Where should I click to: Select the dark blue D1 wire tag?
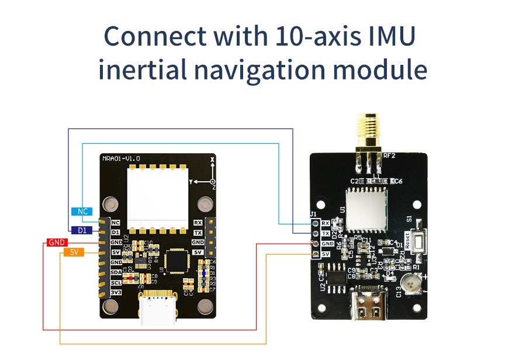point(81,230)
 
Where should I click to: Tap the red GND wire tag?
point(57,242)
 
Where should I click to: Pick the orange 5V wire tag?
point(74,252)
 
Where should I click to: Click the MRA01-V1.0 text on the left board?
point(121,158)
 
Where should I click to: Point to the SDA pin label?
point(116,272)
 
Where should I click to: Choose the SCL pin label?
point(116,282)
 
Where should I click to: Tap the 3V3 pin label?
point(116,292)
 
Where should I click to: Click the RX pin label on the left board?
point(198,223)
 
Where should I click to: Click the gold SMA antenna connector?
point(368,131)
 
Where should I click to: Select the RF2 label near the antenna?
point(390,155)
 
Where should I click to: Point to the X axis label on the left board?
point(212,158)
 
